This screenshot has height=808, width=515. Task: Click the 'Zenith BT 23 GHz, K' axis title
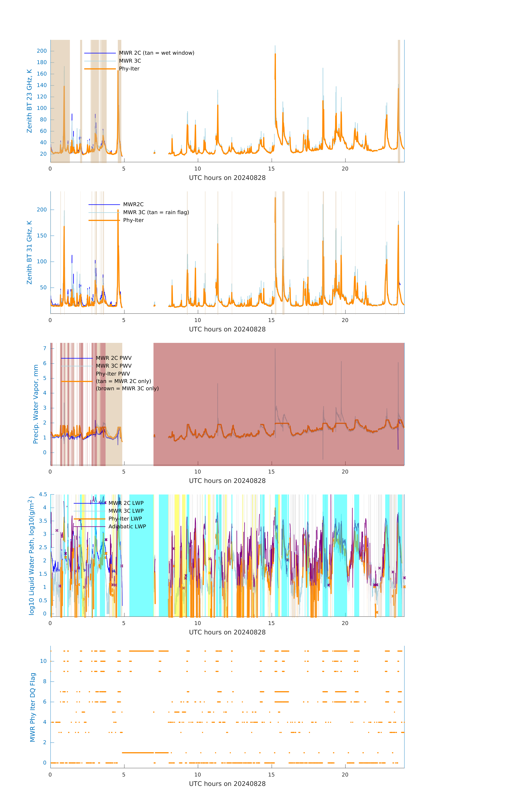[29, 101]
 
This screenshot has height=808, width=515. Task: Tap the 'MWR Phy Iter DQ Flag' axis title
[33, 707]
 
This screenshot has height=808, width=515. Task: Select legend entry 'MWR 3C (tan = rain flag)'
[156, 212]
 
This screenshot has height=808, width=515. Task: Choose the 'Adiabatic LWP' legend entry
[127, 526]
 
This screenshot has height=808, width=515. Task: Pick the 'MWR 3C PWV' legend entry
[114, 366]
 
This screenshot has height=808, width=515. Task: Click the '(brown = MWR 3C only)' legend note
[127, 389]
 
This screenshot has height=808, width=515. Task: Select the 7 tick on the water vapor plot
[45, 348]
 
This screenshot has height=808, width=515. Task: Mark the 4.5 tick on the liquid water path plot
[43, 494]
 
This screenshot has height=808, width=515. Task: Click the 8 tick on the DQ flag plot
[45, 682]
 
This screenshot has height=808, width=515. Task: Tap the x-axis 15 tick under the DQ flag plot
[271, 775]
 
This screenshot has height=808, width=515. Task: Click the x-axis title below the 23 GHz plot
[227, 178]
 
